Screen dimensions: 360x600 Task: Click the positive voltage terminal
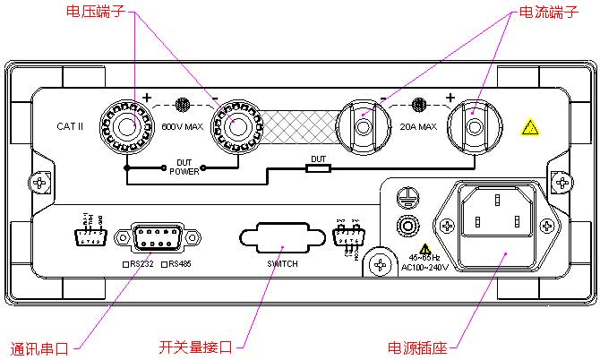pos(125,126)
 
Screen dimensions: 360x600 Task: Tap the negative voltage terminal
pos(236,126)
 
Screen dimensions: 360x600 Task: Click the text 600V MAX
pos(181,126)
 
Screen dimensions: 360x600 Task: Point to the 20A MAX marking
pos(418,126)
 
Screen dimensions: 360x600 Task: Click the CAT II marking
pos(69,126)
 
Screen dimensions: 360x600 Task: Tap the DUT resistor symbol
pos(319,167)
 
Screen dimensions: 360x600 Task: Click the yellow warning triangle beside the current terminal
pos(530,128)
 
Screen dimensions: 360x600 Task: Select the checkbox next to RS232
pos(126,264)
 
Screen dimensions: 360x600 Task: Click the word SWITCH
pos(282,264)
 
